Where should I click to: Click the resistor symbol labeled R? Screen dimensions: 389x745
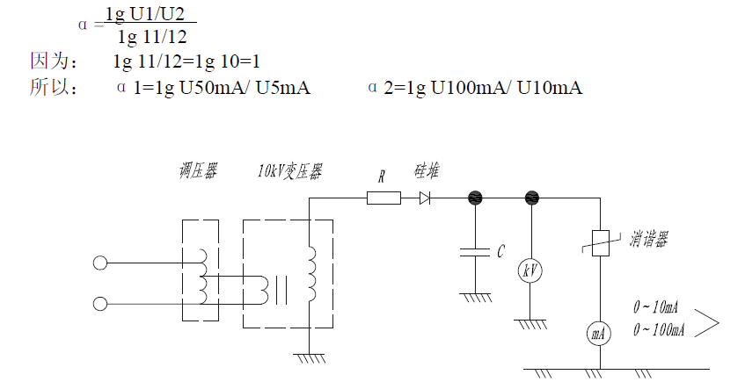[383, 198]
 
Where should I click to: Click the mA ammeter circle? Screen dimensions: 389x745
[598, 334]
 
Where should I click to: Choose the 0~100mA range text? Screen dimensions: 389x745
[659, 329]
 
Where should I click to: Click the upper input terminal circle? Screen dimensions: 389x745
[100, 262]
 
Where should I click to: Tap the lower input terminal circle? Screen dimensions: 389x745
[100, 304]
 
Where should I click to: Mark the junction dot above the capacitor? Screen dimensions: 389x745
[476, 198]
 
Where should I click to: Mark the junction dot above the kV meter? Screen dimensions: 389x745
[530, 198]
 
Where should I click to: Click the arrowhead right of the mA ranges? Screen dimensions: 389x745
[708, 323]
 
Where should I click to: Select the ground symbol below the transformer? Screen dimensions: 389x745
[310, 357]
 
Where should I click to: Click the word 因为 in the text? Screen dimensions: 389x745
[47, 62]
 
